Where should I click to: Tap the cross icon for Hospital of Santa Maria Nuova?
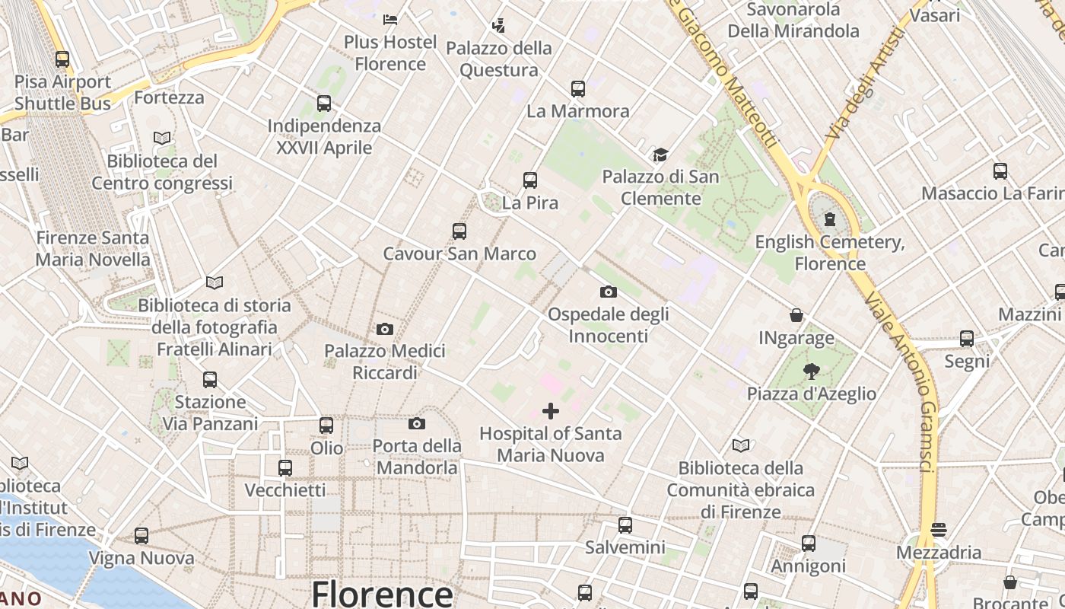tap(551, 412)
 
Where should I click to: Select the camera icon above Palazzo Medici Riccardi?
tap(385, 330)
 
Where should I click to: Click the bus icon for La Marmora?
tap(578, 89)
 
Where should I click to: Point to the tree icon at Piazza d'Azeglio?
tap(812, 371)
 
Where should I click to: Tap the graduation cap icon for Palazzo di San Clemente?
tap(660, 155)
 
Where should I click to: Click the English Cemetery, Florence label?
tap(830, 253)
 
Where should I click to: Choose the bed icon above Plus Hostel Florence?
tap(390, 20)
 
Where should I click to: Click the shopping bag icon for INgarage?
tap(796, 315)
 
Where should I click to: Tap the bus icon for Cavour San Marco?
tap(459, 231)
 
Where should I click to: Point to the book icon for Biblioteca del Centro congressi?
tap(162, 139)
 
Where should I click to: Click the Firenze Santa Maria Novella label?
tap(93, 248)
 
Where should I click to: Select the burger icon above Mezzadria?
tap(939, 530)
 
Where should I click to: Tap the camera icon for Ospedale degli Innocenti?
tap(608, 292)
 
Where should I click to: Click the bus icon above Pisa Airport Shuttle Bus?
tap(62, 59)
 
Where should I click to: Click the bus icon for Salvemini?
tap(625, 525)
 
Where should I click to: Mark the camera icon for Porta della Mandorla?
tap(417, 424)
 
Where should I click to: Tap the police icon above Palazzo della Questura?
tap(498, 26)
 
